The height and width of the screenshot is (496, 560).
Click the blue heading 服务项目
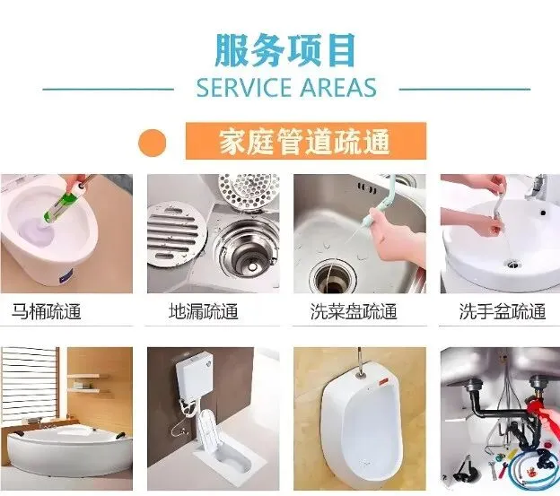point(285,50)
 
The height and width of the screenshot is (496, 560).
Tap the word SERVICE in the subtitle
point(244,88)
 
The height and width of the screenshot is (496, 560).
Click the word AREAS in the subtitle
point(338,88)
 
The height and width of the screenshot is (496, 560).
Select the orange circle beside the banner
point(153,143)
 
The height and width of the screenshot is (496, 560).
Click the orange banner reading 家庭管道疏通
point(306,141)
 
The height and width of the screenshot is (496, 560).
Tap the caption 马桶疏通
point(46,311)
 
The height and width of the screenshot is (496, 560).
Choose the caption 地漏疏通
point(203,311)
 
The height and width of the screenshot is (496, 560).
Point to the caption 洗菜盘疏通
point(354,311)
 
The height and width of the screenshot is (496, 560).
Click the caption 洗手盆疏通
point(503,311)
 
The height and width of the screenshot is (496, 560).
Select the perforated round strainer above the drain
point(249,191)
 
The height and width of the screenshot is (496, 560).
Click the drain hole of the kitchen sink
point(333,277)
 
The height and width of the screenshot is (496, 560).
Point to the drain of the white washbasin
point(512,265)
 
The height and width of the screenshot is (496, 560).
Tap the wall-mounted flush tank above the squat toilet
point(194,375)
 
